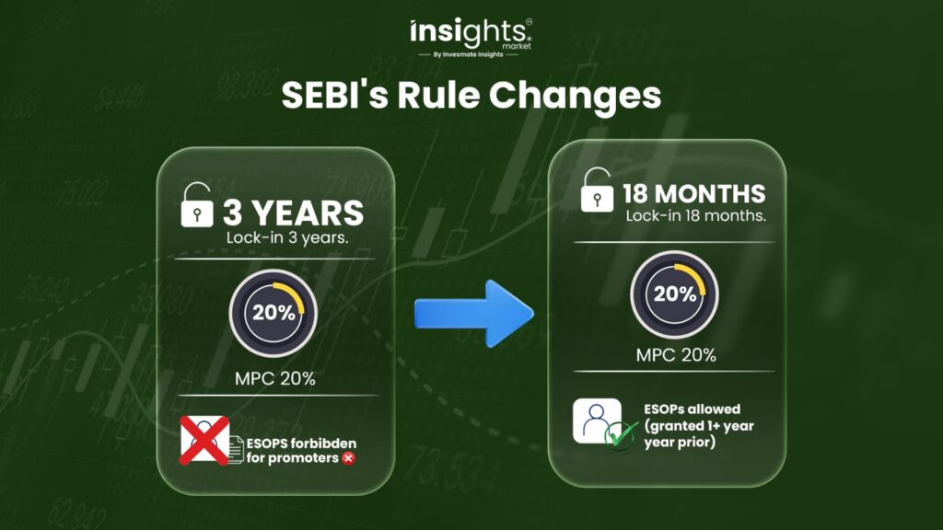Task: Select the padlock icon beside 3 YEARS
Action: tap(197, 205)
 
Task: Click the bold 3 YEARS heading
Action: tap(294, 213)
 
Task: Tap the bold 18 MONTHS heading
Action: tap(694, 194)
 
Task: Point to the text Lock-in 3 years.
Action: tap(287, 237)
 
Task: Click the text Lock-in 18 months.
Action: tap(696, 215)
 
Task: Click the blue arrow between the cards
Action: tap(474, 313)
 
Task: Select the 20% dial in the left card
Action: tap(273, 313)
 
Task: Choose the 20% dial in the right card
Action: tap(674, 294)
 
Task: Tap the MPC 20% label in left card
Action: tap(274, 378)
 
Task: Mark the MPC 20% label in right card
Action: tap(676, 355)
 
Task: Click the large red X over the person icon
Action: tap(204, 440)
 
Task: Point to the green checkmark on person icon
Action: tap(621, 434)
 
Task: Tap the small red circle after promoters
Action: tap(348, 458)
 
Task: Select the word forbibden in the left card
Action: tap(327, 444)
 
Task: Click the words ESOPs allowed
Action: tap(693, 409)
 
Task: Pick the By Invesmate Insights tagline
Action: tap(469, 54)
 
